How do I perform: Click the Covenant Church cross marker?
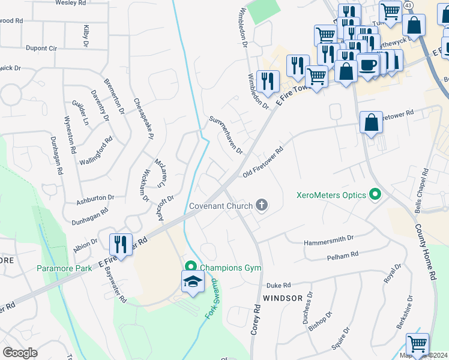pos(261,206)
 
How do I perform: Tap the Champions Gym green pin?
pos(191,267)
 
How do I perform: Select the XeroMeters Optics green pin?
pos(376,194)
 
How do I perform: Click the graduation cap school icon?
pos(193,282)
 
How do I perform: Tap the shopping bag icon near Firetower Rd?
pos(372,122)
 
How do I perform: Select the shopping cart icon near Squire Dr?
pos(417,344)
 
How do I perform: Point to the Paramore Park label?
pos(64,268)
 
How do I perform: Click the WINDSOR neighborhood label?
pos(282,298)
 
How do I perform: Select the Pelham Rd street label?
pos(342,255)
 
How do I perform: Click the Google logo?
pos(20,353)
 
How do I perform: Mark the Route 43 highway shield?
pos(408,5)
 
